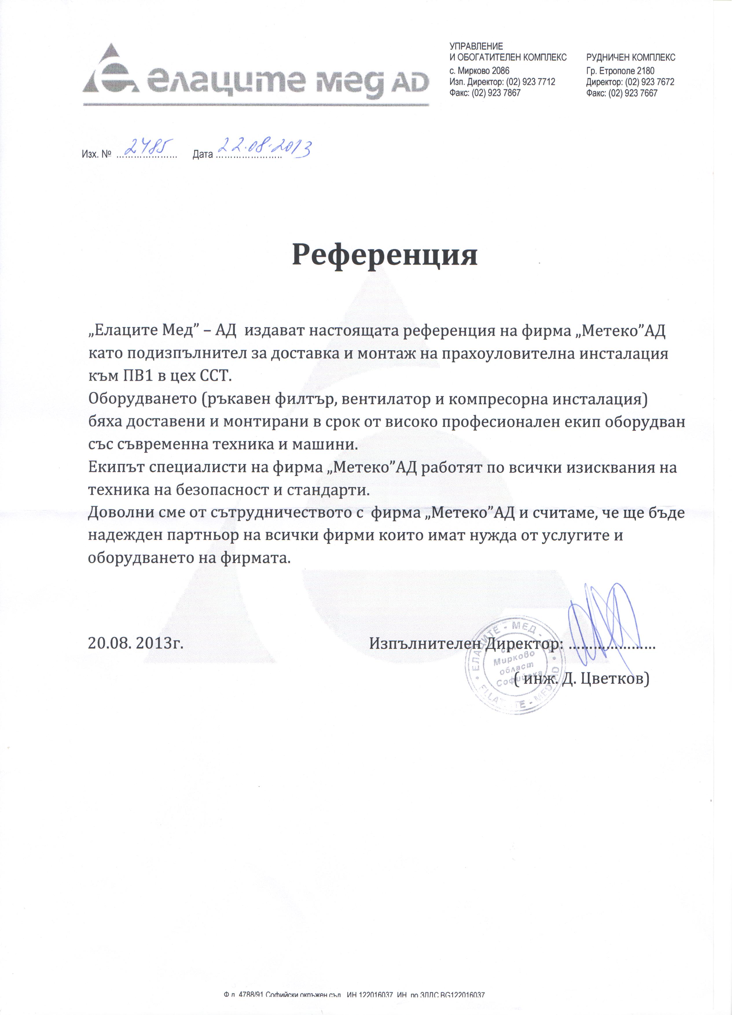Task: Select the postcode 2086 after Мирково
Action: pyautogui.click(x=500, y=71)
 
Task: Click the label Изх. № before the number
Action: pyautogui.click(x=96, y=155)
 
